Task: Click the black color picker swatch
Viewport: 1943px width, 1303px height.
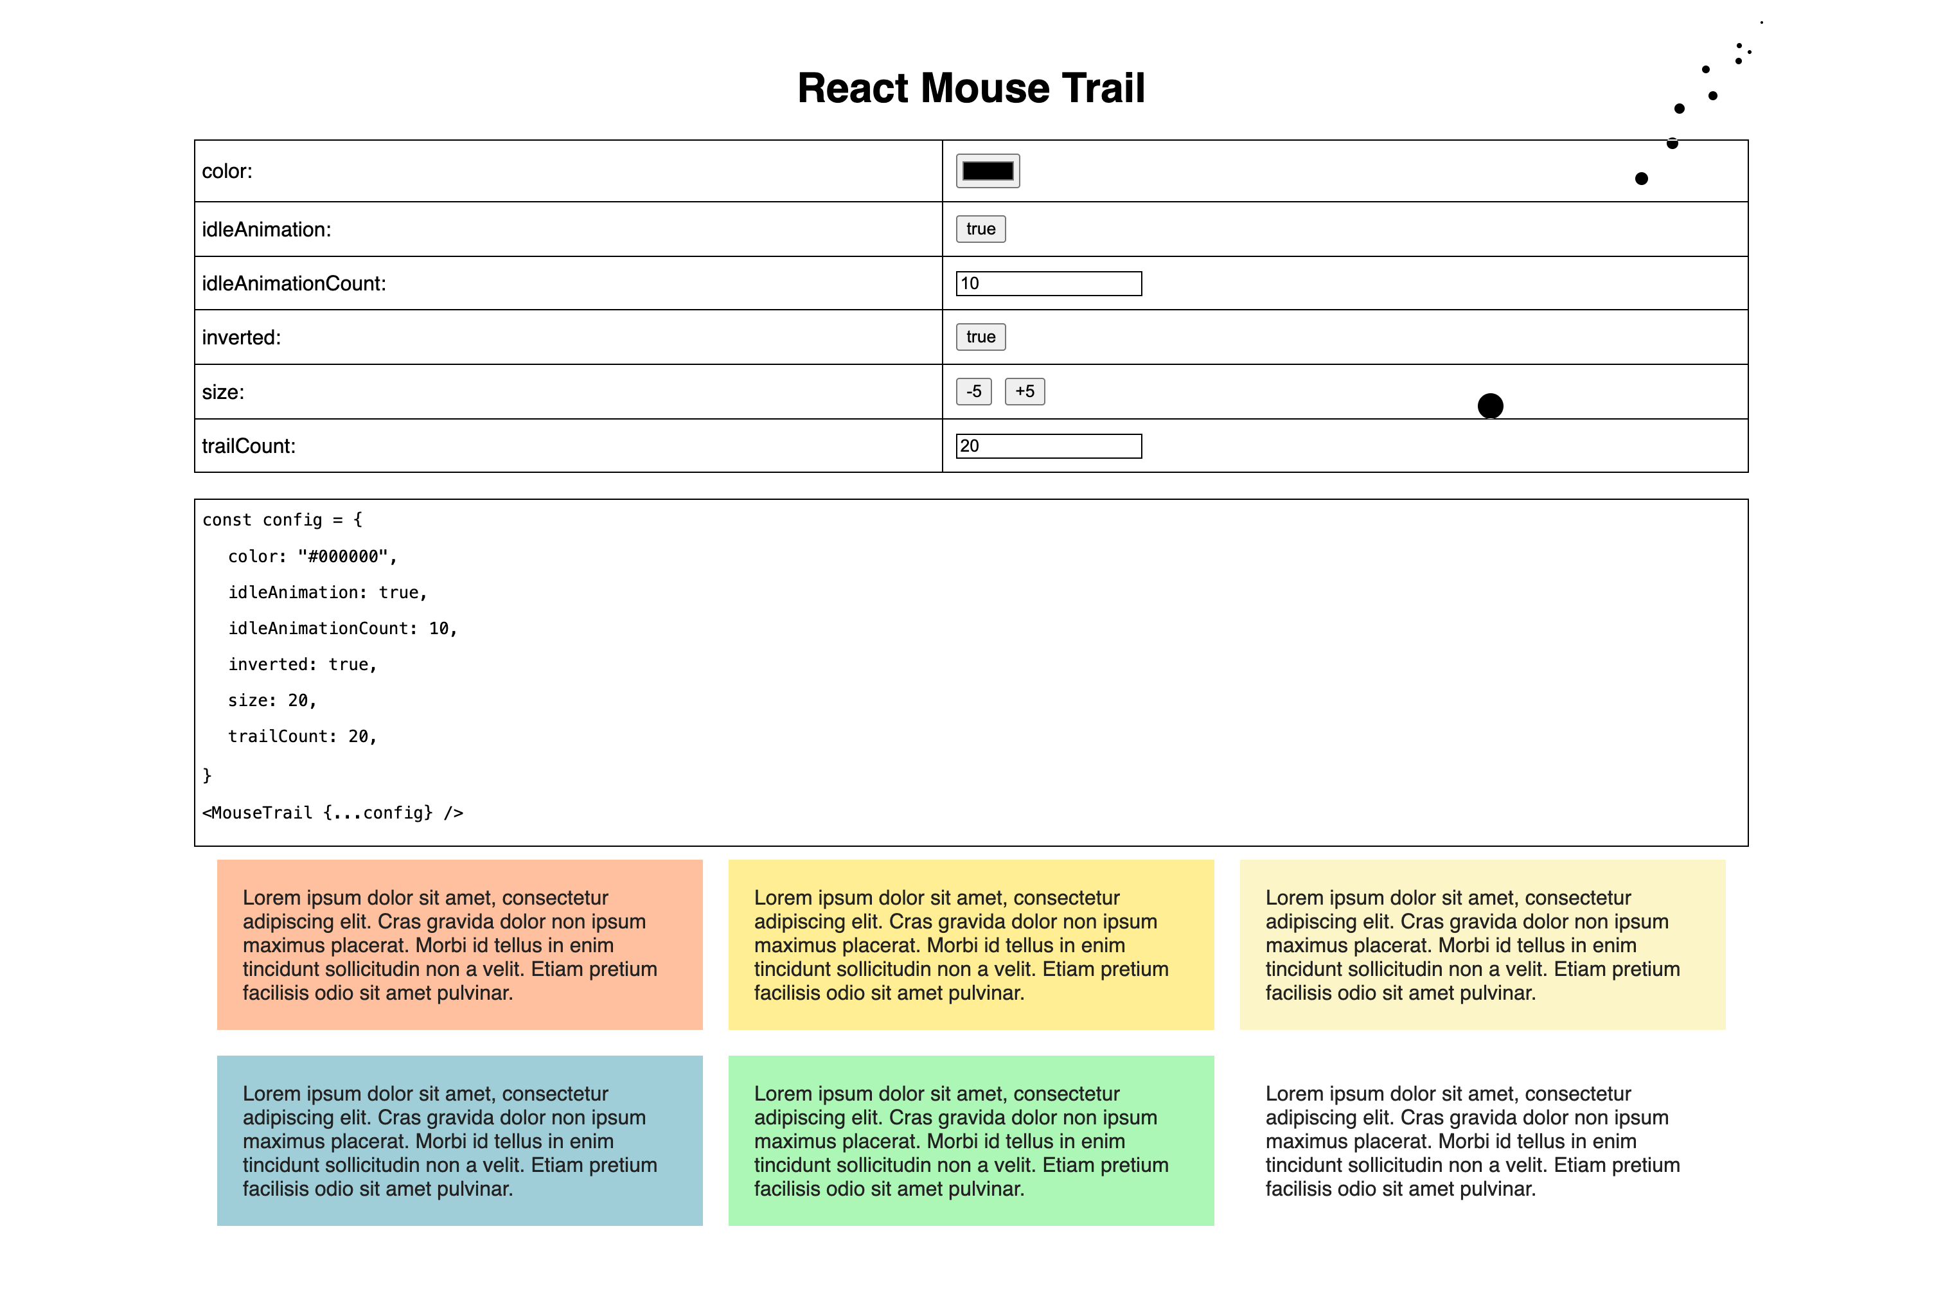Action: (x=988, y=171)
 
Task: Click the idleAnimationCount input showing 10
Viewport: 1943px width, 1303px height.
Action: (x=1048, y=283)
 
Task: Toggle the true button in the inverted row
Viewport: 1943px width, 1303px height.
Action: (x=980, y=337)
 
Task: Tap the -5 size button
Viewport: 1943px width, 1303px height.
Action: (x=973, y=391)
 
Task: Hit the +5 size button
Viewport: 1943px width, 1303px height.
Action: (x=1025, y=391)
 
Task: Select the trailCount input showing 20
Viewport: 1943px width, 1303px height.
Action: (x=1048, y=447)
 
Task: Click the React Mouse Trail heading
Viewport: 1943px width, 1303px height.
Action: (x=971, y=88)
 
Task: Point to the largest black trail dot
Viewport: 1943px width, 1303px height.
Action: (x=1490, y=406)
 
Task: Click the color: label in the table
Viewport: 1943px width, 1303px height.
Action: (x=227, y=171)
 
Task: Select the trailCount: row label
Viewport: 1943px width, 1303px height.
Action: (x=249, y=447)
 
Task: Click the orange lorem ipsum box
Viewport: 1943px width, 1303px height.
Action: (x=459, y=945)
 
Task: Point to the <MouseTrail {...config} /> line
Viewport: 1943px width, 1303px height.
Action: (x=332, y=813)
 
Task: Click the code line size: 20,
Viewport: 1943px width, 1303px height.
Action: (x=272, y=700)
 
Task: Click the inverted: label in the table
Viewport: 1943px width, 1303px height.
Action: (x=241, y=337)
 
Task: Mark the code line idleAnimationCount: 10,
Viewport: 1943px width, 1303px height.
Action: (x=342, y=629)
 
